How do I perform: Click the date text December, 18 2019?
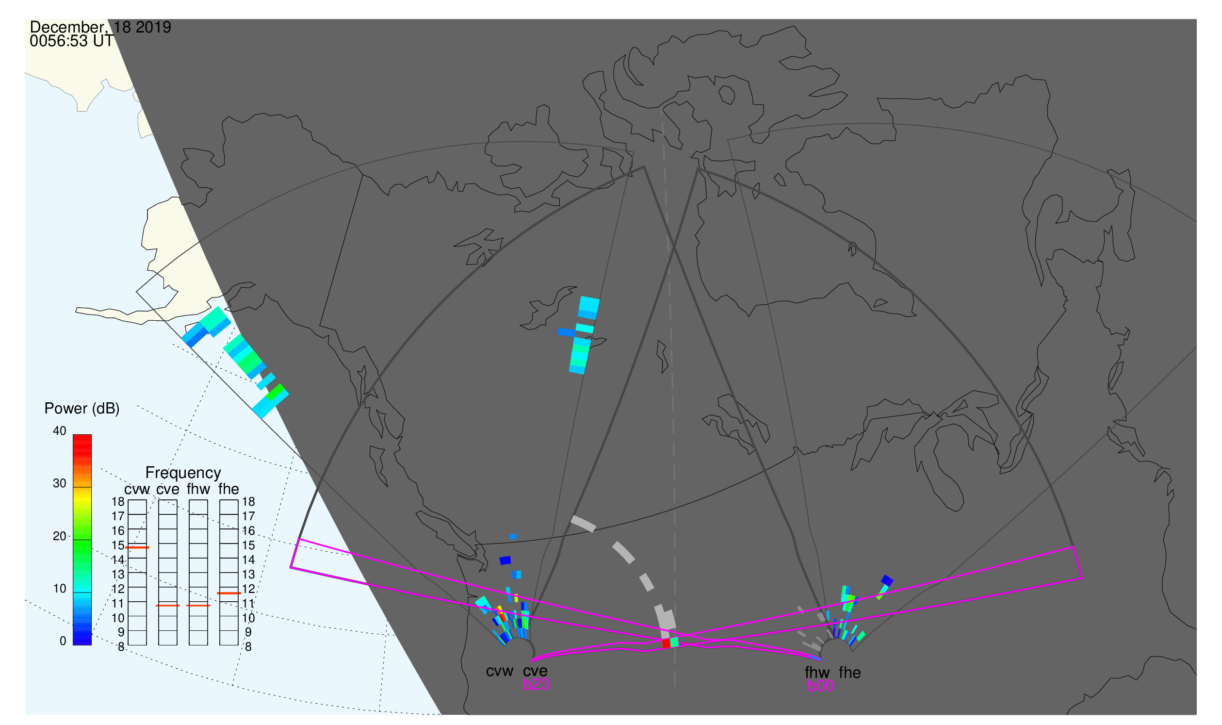coord(100,27)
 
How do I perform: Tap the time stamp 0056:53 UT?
coord(72,41)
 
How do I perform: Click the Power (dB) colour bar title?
coord(82,409)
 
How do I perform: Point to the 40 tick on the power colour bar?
coord(60,431)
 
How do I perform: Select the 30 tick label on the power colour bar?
coord(60,484)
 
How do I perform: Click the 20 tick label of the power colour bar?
coord(60,536)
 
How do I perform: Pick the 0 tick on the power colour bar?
coord(63,642)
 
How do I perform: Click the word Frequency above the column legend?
coord(183,473)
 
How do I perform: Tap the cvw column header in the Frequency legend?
coord(137,490)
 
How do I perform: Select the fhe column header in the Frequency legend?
coord(228,489)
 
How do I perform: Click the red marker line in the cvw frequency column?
coord(137,548)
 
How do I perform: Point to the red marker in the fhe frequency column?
coord(229,593)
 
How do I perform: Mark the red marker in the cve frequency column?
coord(168,606)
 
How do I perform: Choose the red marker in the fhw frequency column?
coord(198,606)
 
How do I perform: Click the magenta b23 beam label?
coord(536,685)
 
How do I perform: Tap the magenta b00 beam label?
coord(820,686)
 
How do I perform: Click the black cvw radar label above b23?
coord(500,672)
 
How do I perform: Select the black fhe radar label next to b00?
coord(850,673)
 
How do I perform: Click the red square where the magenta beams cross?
coord(666,643)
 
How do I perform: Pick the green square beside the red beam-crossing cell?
coord(674,643)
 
